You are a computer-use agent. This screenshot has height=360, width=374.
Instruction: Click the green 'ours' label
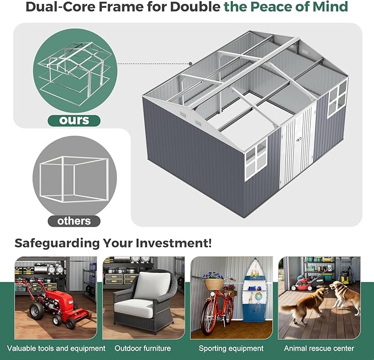(x=74, y=121)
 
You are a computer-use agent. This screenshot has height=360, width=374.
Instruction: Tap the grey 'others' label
(x=74, y=221)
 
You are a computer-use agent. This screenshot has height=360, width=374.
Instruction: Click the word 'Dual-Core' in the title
(x=61, y=7)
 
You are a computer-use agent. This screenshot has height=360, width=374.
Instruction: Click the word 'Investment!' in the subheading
(x=174, y=243)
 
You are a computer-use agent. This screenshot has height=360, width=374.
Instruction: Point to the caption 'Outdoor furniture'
(x=143, y=348)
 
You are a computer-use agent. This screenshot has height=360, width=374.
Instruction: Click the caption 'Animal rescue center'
(x=319, y=348)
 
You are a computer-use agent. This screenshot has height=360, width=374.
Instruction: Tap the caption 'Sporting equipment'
(x=231, y=348)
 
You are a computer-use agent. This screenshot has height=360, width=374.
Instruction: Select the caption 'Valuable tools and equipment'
(x=56, y=348)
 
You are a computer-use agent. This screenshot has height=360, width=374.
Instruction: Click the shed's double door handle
(x=299, y=139)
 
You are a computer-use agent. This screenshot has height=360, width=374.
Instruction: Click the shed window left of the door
(x=256, y=159)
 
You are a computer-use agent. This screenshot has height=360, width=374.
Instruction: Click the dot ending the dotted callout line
(x=191, y=64)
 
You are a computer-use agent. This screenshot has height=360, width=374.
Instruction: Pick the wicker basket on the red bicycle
(x=214, y=284)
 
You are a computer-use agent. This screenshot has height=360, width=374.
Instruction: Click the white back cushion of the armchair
(x=152, y=286)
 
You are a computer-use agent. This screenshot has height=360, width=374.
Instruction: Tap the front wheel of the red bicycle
(x=208, y=317)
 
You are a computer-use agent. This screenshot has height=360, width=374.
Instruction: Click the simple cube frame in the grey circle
(x=74, y=179)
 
